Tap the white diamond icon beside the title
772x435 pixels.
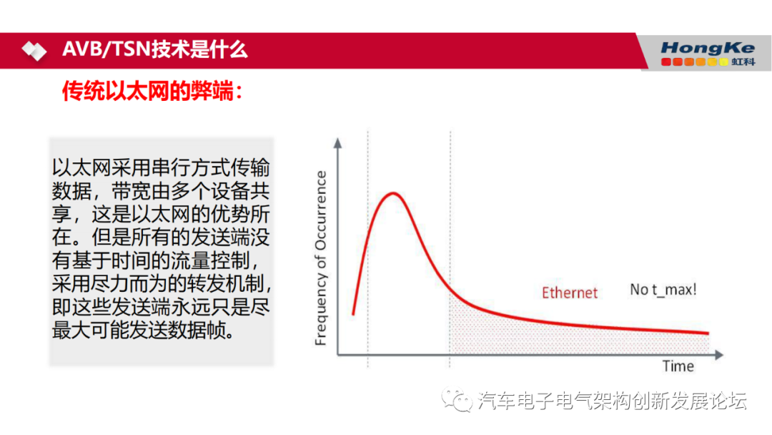pos(34,51)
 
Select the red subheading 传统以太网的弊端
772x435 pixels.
pos(152,91)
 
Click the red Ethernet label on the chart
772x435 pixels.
pos(569,292)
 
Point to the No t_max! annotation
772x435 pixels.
pos(663,289)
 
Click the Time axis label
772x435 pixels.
pos(678,366)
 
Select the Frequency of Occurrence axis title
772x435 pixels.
pos(321,258)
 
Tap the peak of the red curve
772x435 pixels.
pos(392,193)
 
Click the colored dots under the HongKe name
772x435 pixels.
pos(694,62)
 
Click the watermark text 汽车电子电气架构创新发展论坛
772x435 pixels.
pos(612,401)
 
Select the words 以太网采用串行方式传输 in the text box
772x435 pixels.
pos(161,169)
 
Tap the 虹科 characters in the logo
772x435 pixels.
pos(743,62)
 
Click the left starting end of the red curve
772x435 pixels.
pos(353,313)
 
